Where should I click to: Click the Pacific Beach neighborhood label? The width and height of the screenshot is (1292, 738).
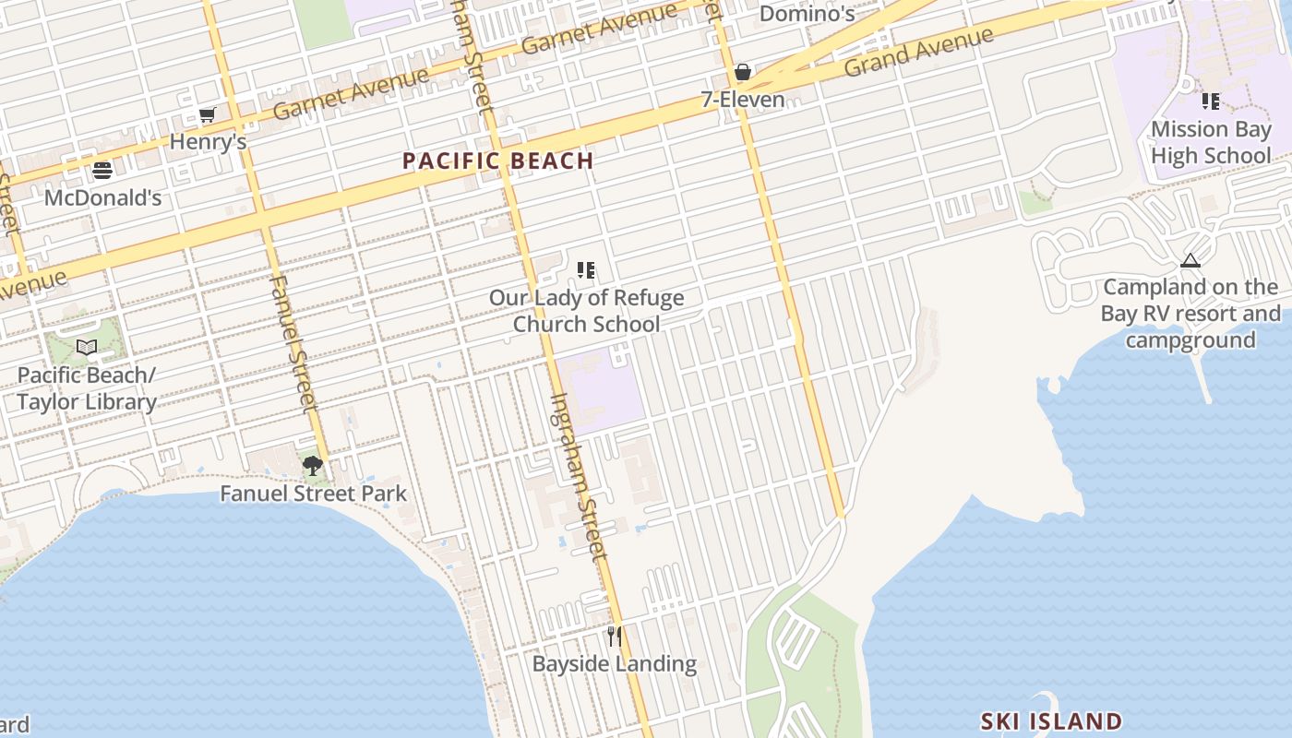[x=498, y=161]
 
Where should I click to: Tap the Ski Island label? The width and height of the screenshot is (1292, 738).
[x=1051, y=721]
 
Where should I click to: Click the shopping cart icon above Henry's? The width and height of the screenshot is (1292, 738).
[x=207, y=115]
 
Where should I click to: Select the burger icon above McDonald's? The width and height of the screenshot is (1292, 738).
[x=102, y=171]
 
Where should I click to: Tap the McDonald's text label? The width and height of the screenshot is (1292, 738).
[x=102, y=197]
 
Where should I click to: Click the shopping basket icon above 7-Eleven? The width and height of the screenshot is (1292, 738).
[x=742, y=72]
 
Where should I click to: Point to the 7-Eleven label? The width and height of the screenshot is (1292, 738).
[x=743, y=100]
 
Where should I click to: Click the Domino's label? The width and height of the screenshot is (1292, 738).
[x=807, y=14]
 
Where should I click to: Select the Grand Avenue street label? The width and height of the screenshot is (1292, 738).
[x=918, y=53]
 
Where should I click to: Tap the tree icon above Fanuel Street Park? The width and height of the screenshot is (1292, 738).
[x=313, y=466]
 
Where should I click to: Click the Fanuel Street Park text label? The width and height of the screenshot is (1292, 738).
[x=313, y=494]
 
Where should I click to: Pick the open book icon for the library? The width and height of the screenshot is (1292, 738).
[x=87, y=347]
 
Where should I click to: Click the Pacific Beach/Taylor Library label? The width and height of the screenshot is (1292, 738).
[x=87, y=388]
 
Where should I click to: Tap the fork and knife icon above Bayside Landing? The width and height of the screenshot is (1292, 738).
[x=615, y=636]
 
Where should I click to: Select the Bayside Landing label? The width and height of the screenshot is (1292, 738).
[x=615, y=663]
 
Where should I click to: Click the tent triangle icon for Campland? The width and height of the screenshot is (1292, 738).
[x=1190, y=260]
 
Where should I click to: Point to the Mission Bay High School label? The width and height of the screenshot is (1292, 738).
[x=1211, y=142]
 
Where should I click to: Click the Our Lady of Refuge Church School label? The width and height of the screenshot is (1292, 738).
[x=587, y=311]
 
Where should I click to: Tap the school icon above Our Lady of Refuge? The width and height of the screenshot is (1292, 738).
[x=586, y=270]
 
